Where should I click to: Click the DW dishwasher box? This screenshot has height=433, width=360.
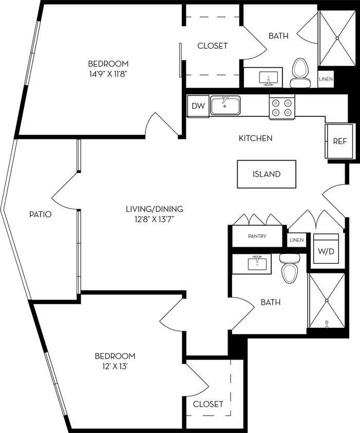198,107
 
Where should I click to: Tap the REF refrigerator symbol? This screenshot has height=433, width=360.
339,141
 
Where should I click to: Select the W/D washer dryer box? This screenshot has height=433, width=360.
326,251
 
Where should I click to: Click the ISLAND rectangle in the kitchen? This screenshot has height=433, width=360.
267,174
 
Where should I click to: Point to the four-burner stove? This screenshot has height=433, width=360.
282,107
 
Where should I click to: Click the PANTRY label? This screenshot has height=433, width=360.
257,237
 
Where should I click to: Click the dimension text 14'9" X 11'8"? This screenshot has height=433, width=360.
108,73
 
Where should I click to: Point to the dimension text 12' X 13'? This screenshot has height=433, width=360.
115,366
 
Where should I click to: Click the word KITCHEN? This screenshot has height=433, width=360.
255,138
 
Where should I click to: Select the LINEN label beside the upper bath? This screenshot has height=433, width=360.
326,79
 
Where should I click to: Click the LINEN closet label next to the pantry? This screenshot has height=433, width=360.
296,240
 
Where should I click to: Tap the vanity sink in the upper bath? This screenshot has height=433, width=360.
267,78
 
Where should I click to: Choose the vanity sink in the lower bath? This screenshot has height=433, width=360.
257,263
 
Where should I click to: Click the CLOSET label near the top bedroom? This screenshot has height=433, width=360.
212,46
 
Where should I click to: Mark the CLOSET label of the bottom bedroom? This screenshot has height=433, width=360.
208,404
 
